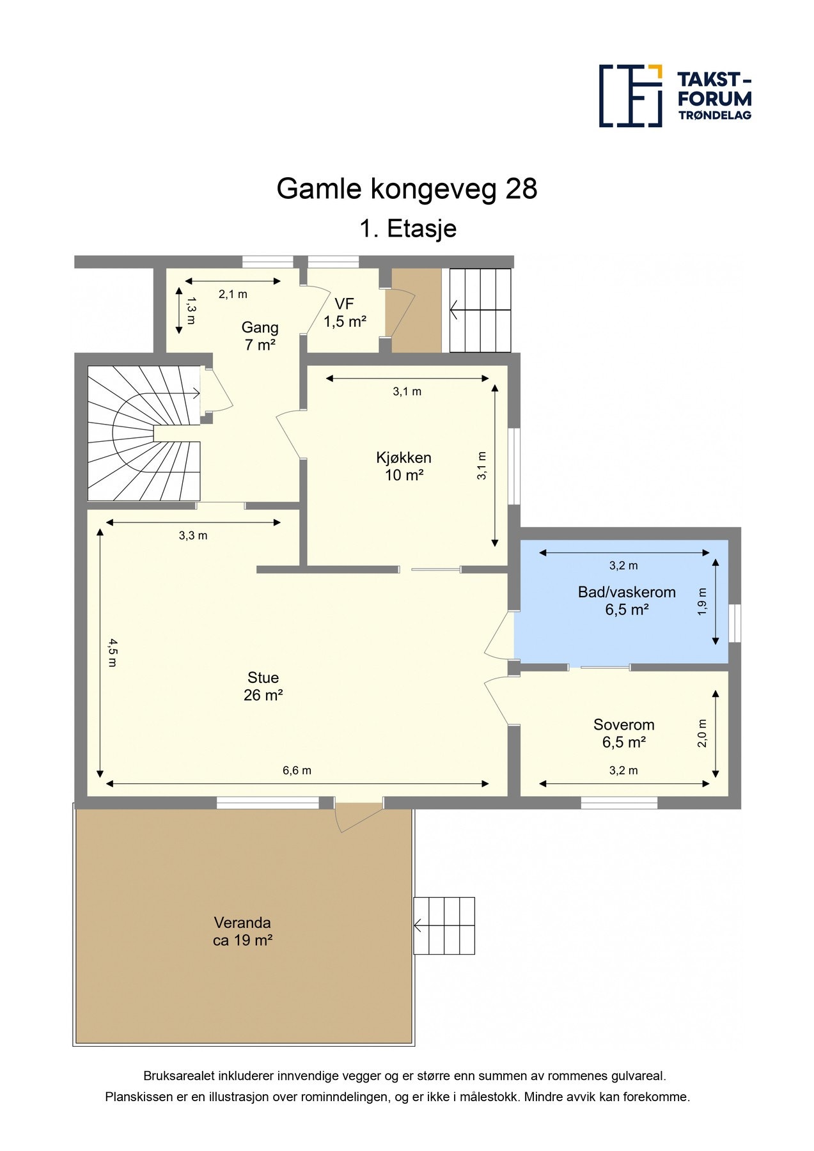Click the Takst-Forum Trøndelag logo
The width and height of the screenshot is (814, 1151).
tap(675, 96)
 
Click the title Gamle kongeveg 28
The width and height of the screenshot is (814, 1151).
tap(407, 189)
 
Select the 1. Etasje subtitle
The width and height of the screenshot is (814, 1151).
tap(407, 228)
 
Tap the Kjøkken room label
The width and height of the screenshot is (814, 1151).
tap(403, 466)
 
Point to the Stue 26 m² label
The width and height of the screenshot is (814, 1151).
tap(263, 686)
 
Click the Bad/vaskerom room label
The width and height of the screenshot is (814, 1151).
tap(627, 600)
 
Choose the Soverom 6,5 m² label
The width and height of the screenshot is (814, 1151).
tap(623, 733)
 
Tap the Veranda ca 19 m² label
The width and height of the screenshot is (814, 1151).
tap(242, 931)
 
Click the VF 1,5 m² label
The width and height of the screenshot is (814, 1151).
tap(345, 313)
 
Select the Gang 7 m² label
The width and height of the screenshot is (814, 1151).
tap(260, 336)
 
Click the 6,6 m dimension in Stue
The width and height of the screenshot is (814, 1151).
tap(297, 771)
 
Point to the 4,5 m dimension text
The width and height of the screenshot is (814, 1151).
tap(112, 652)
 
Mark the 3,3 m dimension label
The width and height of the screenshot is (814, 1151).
tap(193, 536)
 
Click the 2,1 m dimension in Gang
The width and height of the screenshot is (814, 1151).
tap(233, 294)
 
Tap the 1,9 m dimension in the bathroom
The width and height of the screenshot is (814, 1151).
tap(703, 601)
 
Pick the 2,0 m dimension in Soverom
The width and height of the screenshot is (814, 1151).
tap(703, 733)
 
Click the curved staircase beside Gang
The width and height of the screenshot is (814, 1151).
tap(144, 433)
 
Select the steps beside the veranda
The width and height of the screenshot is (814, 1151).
tap(444, 925)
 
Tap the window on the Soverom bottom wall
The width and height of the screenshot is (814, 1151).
tap(619, 803)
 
